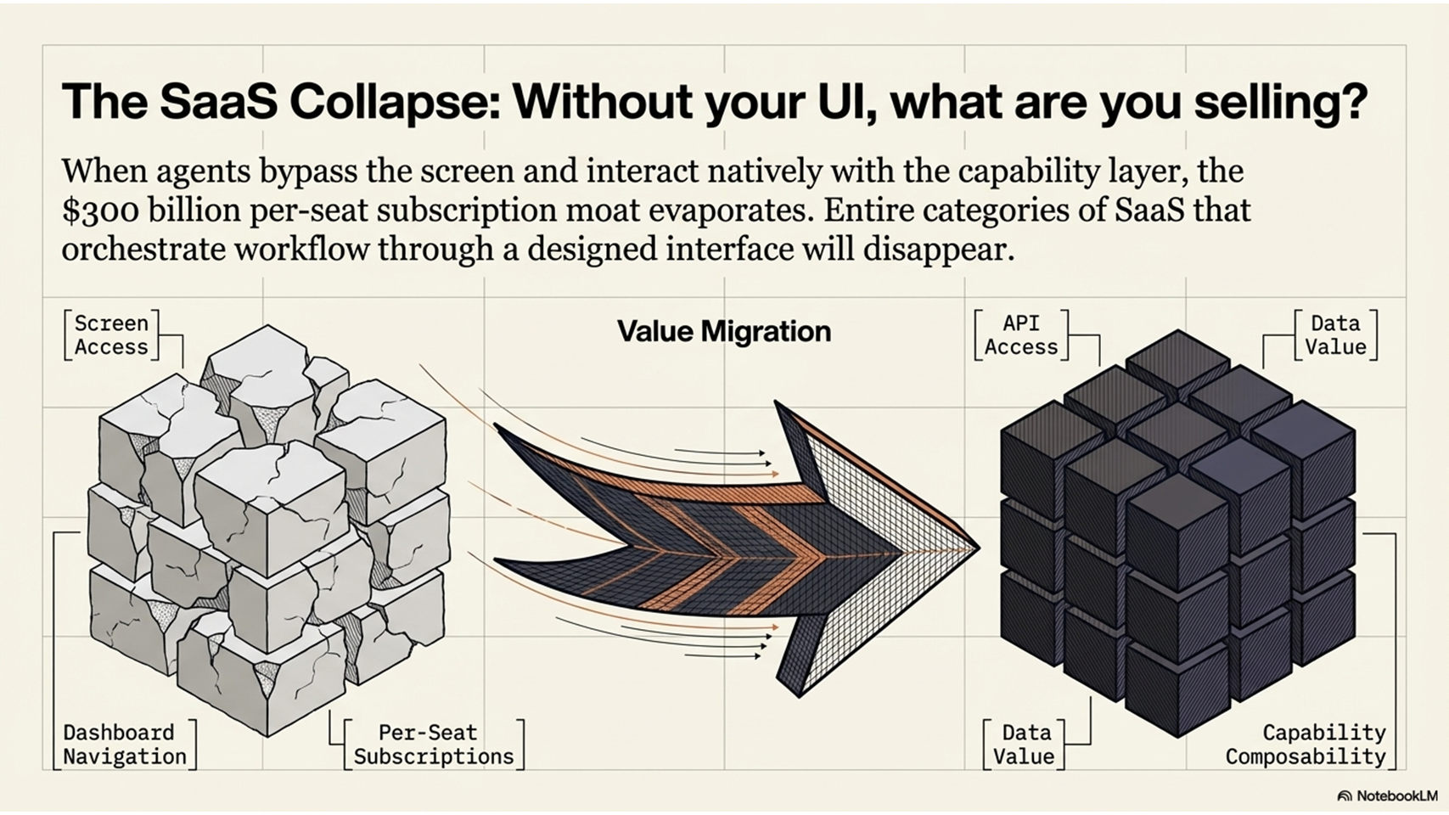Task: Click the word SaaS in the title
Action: pos(219,102)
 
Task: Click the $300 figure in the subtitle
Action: pos(100,211)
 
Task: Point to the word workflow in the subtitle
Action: pos(301,250)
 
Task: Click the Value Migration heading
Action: pos(724,331)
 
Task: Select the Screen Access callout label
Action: pos(111,335)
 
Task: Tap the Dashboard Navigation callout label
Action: pos(124,745)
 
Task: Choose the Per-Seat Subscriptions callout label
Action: pos(434,745)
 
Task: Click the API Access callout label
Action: pos(1021,335)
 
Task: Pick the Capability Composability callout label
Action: pos(1306,745)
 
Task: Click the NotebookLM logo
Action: pos(1387,795)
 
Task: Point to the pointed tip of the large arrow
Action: pos(980,548)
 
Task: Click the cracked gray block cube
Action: pos(268,531)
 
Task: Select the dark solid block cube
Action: pos(1177,534)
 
